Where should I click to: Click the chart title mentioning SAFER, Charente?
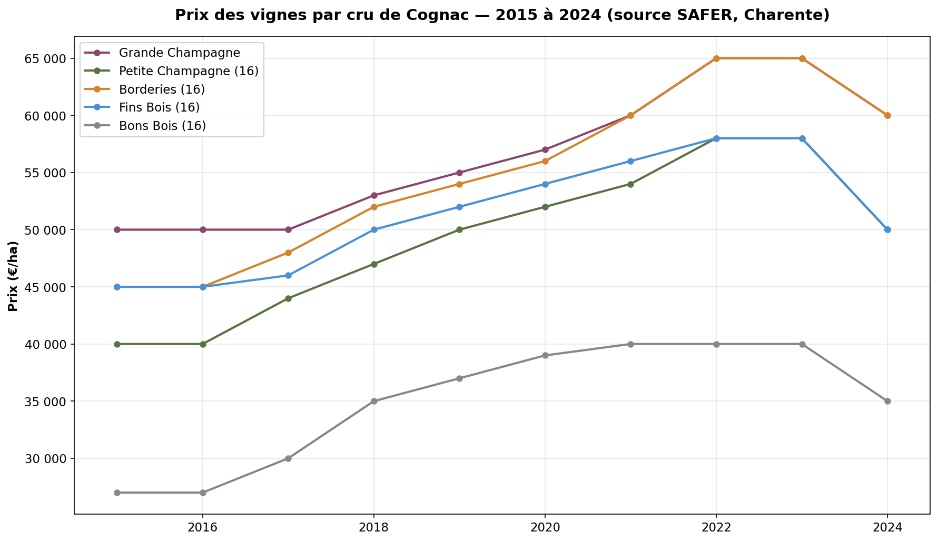tap(502, 15)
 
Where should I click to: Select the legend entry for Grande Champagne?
tap(180, 53)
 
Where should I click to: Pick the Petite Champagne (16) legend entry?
tap(189, 71)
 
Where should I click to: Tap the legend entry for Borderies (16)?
tap(162, 89)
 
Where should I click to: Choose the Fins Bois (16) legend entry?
tap(159, 107)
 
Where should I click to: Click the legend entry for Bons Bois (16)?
tap(162, 126)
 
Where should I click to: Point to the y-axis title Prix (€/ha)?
tap(13, 276)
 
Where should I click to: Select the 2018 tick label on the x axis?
tap(374, 527)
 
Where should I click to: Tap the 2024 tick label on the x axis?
tap(887, 527)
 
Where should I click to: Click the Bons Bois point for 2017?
tap(288, 458)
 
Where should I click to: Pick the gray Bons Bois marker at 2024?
tap(887, 401)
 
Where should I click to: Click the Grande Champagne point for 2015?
tap(117, 229)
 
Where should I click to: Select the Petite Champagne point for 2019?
tap(459, 229)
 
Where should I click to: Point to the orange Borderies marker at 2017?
tap(288, 253)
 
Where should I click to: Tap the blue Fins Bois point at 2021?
tap(630, 161)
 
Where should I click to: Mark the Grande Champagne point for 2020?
tap(545, 150)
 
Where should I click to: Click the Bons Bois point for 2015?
tap(117, 493)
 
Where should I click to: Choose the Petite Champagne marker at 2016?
tap(203, 344)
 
